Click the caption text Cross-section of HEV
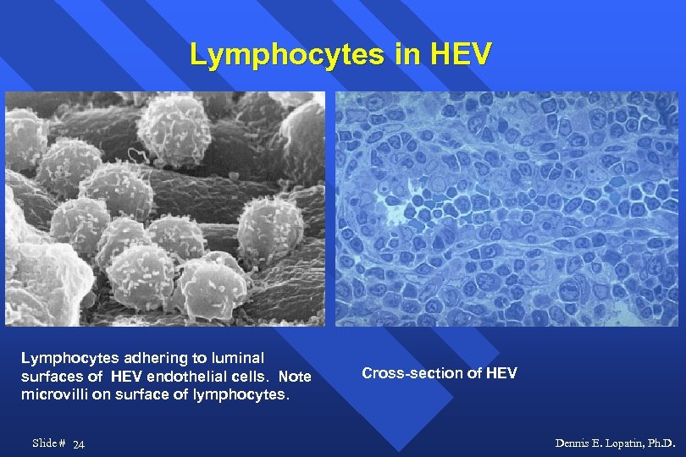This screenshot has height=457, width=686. pos(439,373)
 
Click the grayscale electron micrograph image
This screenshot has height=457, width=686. pos(165,208)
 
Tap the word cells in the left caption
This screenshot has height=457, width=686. pos(246,377)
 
